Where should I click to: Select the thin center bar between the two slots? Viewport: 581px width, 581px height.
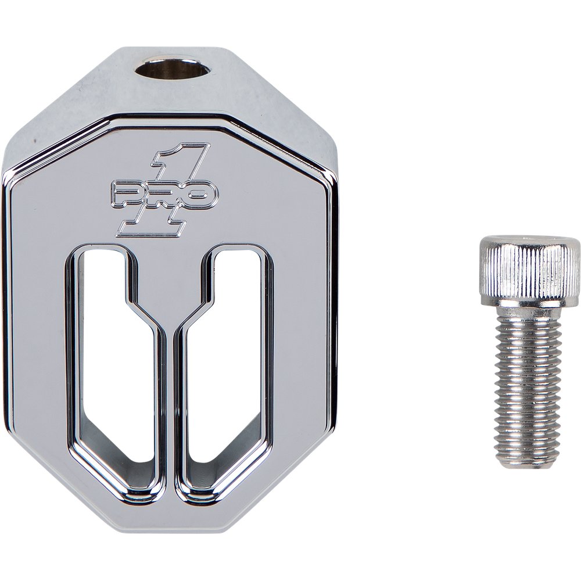click(170, 407)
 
